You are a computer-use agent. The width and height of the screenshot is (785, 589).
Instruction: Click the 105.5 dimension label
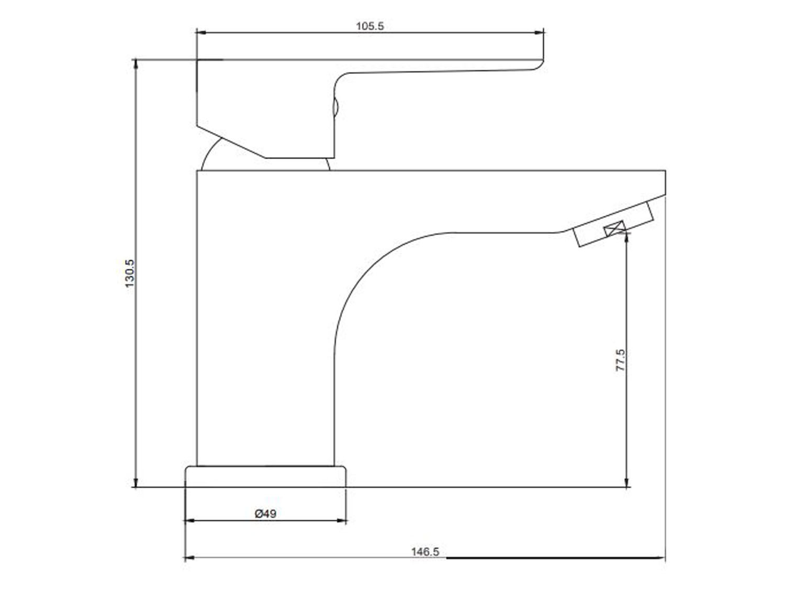click(370, 26)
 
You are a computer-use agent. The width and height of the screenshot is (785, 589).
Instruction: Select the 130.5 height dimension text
click(129, 274)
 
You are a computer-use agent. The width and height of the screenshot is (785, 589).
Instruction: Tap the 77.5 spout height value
click(621, 360)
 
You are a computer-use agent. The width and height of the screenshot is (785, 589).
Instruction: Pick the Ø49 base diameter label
click(265, 514)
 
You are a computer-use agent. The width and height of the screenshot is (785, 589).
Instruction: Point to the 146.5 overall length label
click(425, 552)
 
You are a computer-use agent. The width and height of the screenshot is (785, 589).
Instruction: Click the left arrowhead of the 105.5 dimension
click(201, 32)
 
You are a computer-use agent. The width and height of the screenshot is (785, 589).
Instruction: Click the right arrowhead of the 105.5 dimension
click(539, 32)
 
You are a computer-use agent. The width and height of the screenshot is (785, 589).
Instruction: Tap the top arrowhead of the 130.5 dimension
click(136, 64)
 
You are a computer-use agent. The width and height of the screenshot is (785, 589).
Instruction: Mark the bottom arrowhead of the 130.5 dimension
click(136, 482)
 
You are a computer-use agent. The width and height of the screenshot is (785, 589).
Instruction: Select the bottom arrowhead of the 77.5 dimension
click(626, 482)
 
